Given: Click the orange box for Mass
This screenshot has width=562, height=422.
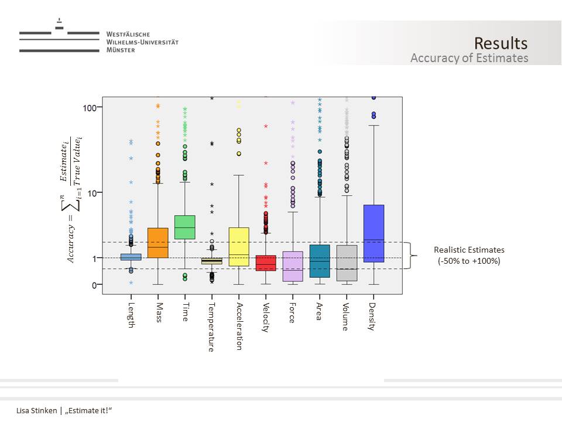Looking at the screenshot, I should coord(157,243).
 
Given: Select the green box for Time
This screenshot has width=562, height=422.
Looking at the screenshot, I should coord(185,227).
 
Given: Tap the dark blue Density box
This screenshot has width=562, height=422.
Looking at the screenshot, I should coord(373,233).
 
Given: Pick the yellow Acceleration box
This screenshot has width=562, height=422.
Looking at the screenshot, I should coord(239,247).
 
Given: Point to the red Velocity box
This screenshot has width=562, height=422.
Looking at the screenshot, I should coord(266,263).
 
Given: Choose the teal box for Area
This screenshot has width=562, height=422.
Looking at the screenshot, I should coord(320,261).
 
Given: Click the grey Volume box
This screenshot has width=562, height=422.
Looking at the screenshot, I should coord(347,263).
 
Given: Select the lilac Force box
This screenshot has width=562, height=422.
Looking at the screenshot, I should coord(293,266).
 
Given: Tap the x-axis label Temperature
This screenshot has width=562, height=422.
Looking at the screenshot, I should coord(211,326).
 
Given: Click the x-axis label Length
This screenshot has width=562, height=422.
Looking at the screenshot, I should coord(131,315).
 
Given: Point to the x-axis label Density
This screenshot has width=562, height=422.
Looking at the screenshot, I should coord(372,316).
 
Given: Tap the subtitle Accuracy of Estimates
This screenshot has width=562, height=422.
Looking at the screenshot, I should coord(469,58).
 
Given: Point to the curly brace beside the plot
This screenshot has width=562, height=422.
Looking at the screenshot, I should coord(414,256).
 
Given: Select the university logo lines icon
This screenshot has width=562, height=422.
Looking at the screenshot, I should coord(59,36).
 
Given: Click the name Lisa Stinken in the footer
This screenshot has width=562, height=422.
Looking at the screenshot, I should coord(36,410).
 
